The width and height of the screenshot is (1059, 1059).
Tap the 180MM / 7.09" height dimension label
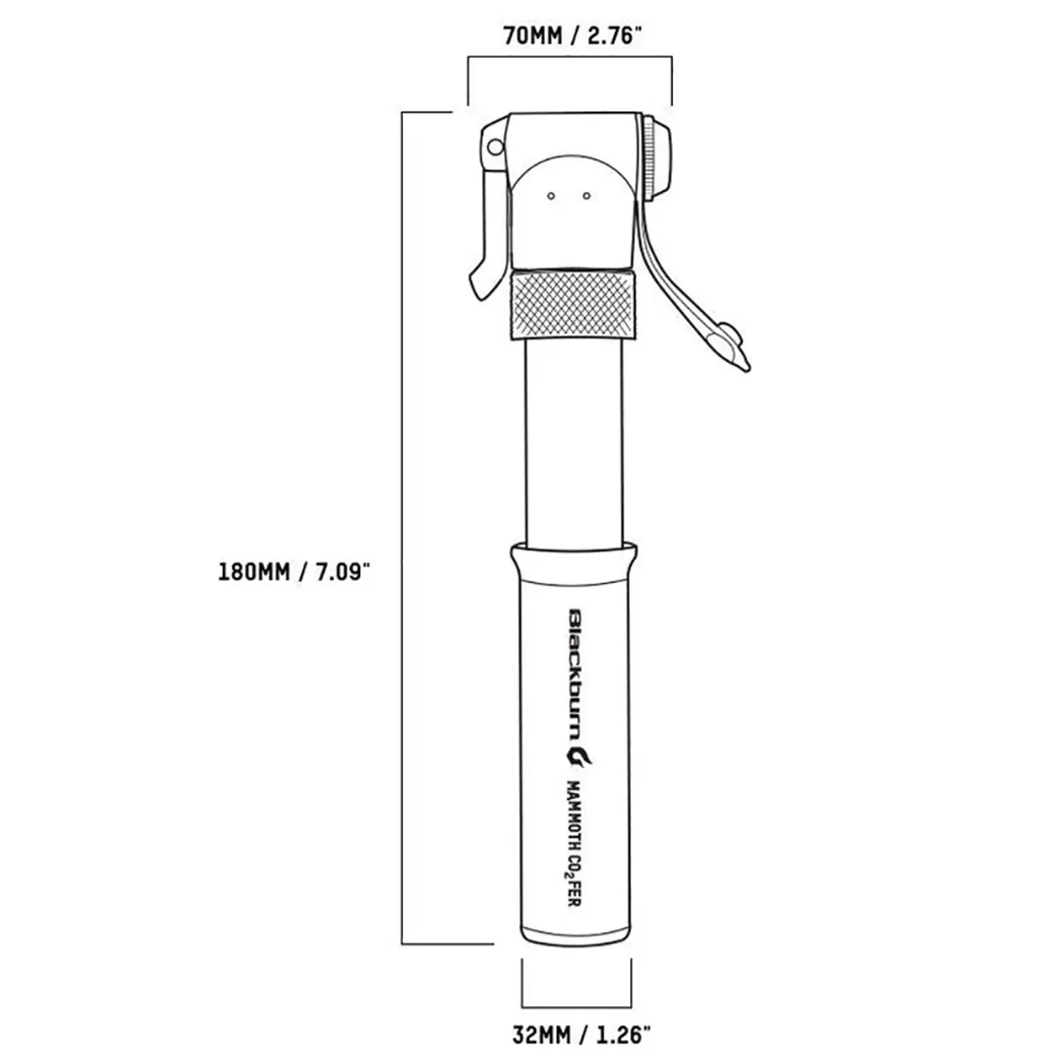coord(294,571)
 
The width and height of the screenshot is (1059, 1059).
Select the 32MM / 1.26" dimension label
coord(580,1036)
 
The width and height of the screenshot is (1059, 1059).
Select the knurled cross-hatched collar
coord(572,304)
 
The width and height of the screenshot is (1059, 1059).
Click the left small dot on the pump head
coord(551,196)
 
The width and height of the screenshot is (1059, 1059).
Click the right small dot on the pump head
coord(587,196)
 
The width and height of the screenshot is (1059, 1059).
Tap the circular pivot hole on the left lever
coord(496,148)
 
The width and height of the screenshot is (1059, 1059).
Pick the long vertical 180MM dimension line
coord(402,529)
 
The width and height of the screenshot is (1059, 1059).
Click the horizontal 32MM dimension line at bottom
coord(576,1007)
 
